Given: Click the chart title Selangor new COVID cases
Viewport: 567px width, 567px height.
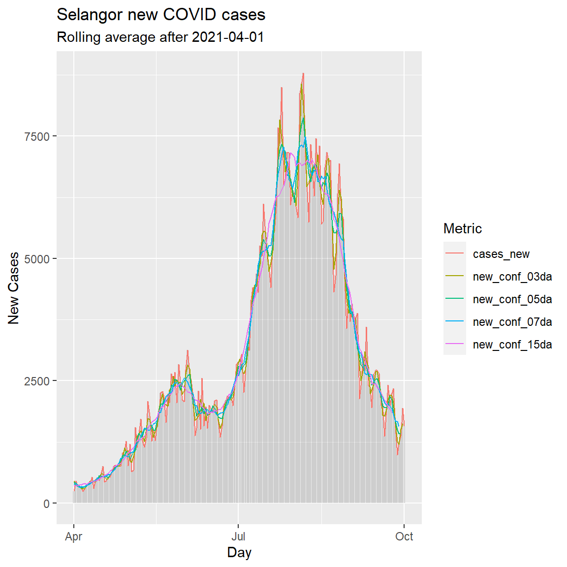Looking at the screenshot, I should [161, 15].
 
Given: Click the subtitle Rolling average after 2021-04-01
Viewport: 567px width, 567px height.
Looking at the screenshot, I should [160, 37].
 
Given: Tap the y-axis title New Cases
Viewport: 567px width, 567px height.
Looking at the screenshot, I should [14, 288].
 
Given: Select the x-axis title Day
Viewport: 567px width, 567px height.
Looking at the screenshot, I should [239, 552].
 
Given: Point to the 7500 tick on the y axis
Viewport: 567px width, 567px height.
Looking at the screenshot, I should [37, 136].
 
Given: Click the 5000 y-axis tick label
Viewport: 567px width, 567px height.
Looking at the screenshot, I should [37, 259].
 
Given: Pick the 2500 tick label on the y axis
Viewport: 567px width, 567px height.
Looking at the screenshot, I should [37, 381].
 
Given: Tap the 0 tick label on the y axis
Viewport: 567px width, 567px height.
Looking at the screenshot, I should [47, 504].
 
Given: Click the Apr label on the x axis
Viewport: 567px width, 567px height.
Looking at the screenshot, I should [74, 536].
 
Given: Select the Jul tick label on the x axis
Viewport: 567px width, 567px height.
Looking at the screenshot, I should [238, 536].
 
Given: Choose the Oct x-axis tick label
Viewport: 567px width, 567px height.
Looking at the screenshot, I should [404, 536].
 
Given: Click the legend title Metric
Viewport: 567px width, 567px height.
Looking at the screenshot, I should [462, 228].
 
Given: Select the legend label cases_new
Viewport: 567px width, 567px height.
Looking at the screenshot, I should [501, 254].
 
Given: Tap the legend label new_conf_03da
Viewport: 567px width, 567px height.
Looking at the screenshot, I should [512, 277].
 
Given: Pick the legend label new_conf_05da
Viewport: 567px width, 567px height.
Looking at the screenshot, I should [512, 299].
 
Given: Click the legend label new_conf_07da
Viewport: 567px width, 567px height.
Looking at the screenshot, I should [512, 322].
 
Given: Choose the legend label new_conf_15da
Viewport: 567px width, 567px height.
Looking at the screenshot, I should [512, 345].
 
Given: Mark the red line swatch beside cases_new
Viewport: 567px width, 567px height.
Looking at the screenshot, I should [455, 253].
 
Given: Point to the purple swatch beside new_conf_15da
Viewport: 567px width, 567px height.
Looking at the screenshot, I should [455, 344].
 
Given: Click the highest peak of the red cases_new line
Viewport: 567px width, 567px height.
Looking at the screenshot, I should [303, 73].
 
